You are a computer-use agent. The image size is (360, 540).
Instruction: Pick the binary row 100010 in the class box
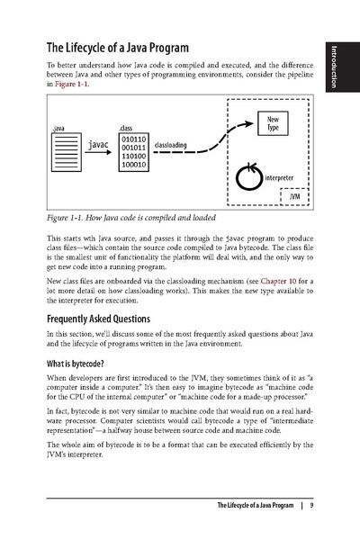click(133, 165)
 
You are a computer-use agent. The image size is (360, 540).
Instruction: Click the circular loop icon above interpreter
click(249, 176)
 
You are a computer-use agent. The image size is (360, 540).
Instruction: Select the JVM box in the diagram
click(295, 196)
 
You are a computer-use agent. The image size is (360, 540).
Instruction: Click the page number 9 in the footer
click(310, 505)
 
